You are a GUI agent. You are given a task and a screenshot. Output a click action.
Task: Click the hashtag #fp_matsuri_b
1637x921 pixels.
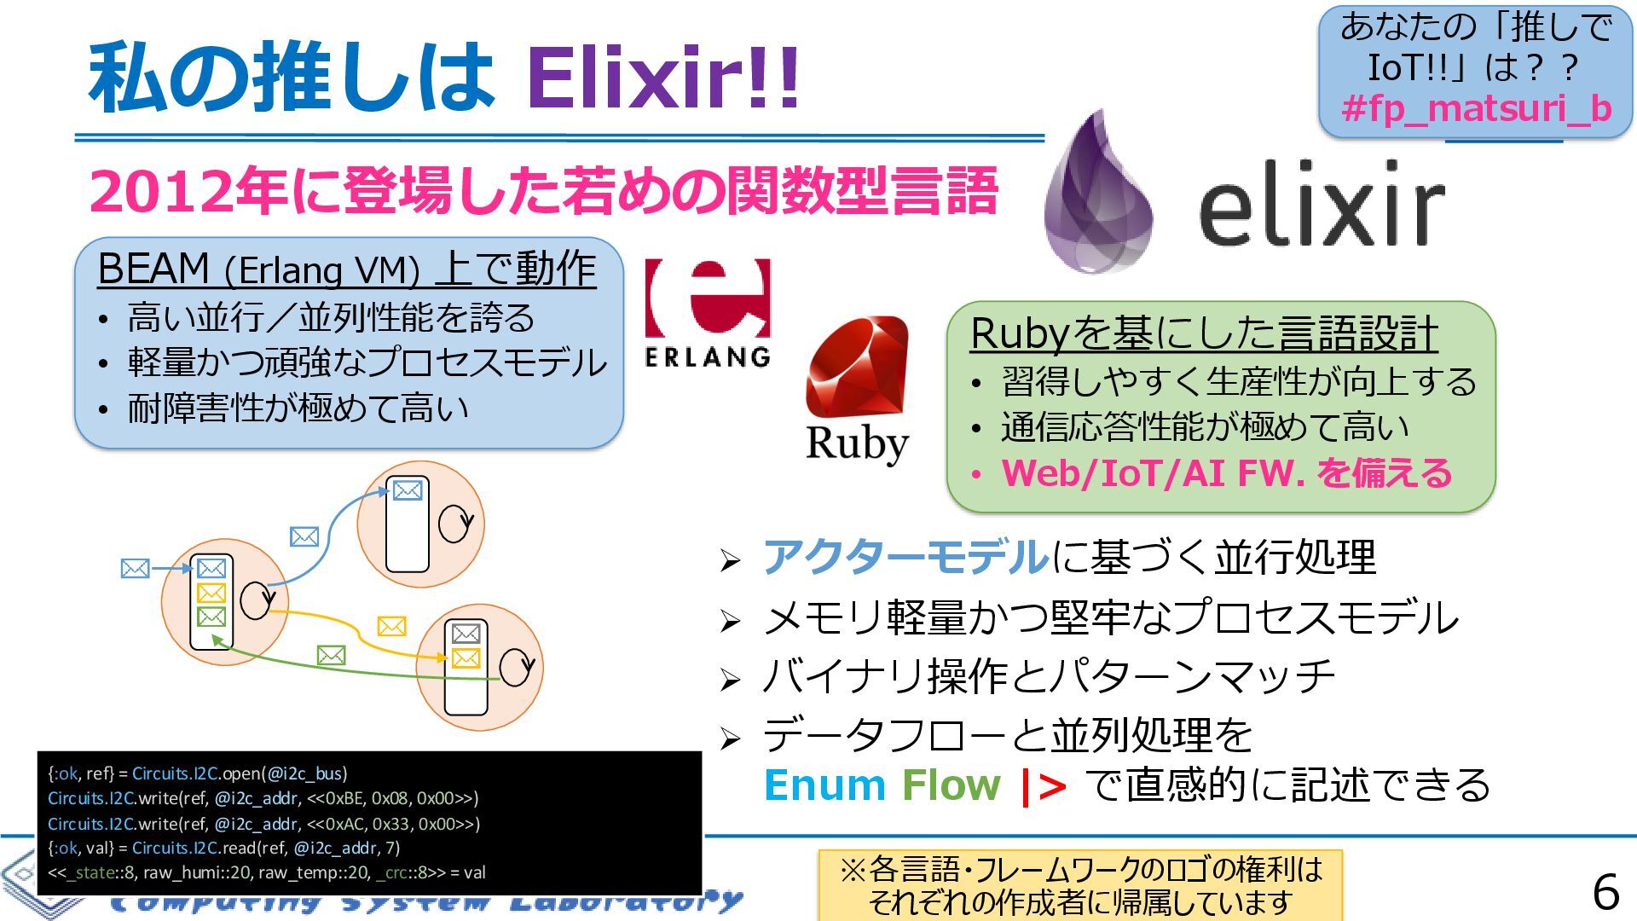[1476, 108]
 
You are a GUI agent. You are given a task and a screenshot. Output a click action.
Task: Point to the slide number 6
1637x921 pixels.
[1605, 893]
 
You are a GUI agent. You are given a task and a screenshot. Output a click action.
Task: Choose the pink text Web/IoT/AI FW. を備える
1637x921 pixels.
[1226, 473]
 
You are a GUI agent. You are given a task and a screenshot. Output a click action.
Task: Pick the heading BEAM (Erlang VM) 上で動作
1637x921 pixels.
[346, 269]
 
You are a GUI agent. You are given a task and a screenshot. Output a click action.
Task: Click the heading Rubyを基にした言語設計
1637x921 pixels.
[1203, 333]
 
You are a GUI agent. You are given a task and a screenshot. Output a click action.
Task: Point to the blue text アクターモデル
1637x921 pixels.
[905, 557]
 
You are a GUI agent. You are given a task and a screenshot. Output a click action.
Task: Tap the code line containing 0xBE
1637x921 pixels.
[263, 798]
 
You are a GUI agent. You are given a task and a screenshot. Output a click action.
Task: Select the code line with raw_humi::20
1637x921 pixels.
[266, 872]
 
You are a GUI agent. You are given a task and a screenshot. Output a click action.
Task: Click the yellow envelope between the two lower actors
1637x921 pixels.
[391, 627]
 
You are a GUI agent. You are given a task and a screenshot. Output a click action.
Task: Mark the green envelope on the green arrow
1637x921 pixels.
[331, 655]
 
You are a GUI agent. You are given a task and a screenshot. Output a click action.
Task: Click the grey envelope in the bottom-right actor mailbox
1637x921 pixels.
[466, 634]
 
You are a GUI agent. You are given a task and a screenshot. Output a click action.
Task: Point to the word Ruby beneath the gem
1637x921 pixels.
[856, 443]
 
